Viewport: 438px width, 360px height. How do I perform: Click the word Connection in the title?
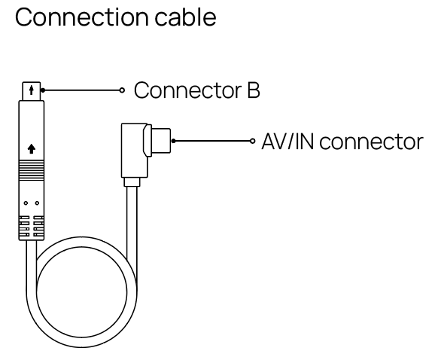(x=82, y=17)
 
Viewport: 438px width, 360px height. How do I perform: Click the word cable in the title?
(x=185, y=17)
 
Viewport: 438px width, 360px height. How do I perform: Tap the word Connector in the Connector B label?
(x=188, y=90)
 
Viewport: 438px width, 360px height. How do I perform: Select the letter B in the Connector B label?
(x=254, y=90)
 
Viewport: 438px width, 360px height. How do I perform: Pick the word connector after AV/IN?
(x=372, y=142)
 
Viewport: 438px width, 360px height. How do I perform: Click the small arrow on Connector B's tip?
(x=32, y=90)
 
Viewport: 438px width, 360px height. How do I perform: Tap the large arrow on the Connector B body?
(x=32, y=148)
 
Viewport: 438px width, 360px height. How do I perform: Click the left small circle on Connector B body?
(x=26, y=203)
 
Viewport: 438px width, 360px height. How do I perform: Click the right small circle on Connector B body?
(x=37, y=203)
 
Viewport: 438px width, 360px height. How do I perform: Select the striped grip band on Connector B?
(x=32, y=170)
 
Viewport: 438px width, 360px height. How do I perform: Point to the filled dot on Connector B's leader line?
(x=43, y=90)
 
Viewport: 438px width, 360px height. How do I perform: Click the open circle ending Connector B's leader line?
(x=122, y=90)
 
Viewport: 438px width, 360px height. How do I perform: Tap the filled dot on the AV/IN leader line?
(x=173, y=141)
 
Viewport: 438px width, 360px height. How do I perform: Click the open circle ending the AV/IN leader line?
(x=253, y=141)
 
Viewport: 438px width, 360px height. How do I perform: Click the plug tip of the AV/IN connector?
(x=161, y=141)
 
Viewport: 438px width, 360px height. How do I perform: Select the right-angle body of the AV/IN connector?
(x=135, y=151)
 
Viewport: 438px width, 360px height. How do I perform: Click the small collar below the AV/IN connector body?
(x=132, y=182)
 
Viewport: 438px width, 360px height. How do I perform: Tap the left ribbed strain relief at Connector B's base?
(x=24, y=227)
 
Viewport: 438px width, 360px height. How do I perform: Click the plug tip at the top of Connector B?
(x=32, y=91)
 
